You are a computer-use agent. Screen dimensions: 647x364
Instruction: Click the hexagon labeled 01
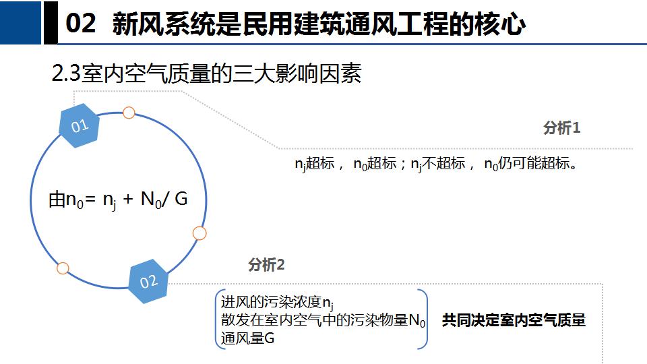[x=80, y=125]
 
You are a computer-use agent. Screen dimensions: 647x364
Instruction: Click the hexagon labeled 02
[x=148, y=282]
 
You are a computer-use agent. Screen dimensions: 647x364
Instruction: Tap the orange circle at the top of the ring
[x=129, y=113]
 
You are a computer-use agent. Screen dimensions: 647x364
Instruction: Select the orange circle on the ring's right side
[x=199, y=233]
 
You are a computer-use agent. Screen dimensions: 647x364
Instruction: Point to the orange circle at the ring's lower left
[x=63, y=268]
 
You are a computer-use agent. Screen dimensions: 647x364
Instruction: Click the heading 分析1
[x=562, y=128]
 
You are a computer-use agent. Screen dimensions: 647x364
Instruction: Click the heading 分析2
[x=266, y=264]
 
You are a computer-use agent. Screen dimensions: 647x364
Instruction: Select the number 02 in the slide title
[x=81, y=23]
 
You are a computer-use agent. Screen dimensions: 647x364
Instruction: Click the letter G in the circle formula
[x=181, y=199]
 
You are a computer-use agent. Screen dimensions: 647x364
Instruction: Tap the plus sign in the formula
[x=128, y=200]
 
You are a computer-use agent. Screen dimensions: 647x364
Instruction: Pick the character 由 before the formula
[x=57, y=200]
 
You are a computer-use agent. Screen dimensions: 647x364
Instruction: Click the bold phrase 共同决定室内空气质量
[x=514, y=320]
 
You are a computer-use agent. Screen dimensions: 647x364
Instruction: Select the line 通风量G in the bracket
[x=247, y=338]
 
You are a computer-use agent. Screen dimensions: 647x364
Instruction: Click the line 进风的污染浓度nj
[x=277, y=303]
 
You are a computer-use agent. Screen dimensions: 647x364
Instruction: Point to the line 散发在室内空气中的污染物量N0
[x=323, y=320]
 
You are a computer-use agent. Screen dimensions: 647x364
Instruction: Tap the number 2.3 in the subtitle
[x=66, y=74]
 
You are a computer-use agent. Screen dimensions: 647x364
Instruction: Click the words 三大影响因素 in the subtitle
[x=297, y=74]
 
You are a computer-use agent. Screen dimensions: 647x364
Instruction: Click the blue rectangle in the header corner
[x=21, y=22]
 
